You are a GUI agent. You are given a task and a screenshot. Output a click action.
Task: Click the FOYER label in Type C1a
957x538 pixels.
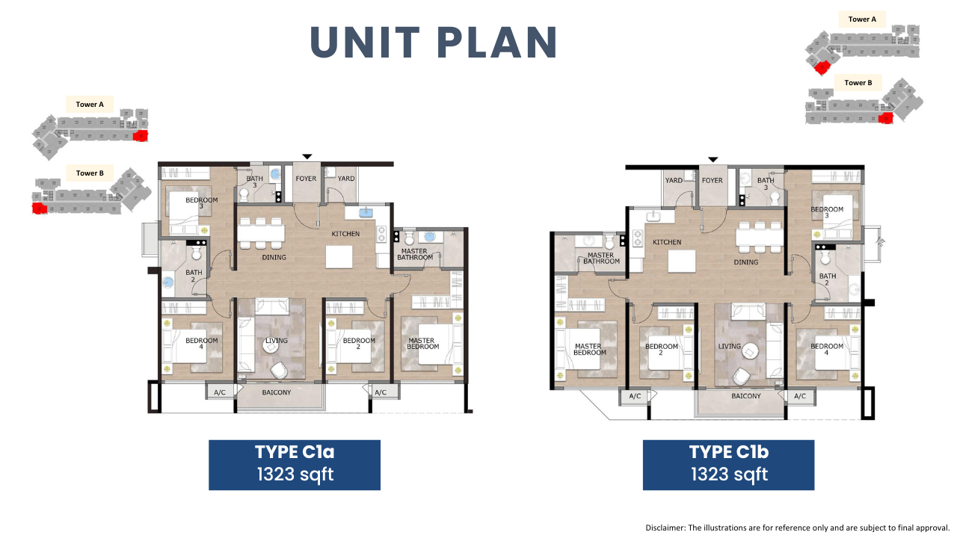click(x=306, y=179)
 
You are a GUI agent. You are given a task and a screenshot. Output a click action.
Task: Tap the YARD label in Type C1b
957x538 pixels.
click(x=674, y=180)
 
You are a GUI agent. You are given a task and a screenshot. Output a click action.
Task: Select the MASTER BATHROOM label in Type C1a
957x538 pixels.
click(x=415, y=255)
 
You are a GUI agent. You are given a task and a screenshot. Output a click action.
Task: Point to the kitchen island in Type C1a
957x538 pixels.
click(x=339, y=257)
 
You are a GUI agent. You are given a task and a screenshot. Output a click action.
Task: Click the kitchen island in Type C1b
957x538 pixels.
click(x=682, y=262)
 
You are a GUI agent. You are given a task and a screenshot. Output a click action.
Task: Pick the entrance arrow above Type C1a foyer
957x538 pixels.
click(x=307, y=157)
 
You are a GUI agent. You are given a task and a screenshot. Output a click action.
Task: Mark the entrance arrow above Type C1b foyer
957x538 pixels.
click(x=713, y=160)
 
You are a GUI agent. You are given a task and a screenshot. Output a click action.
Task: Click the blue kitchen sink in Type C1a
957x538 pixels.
click(x=366, y=211)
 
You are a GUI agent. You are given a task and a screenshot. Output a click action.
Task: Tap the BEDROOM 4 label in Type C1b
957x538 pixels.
click(x=827, y=349)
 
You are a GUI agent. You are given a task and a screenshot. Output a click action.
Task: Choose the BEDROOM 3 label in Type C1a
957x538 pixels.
click(x=202, y=202)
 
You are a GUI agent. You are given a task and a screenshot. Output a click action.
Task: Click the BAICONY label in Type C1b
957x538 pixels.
click(x=746, y=396)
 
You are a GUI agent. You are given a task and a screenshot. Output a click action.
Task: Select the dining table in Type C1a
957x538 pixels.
click(x=261, y=233)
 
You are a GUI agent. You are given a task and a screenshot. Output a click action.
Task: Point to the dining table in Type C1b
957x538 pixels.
click(x=759, y=237)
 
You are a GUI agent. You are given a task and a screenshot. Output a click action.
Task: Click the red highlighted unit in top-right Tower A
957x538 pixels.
click(x=822, y=67)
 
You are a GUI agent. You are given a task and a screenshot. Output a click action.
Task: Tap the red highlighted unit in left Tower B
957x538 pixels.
click(x=40, y=208)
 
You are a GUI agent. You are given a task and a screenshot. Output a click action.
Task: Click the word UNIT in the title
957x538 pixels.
click(x=366, y=42)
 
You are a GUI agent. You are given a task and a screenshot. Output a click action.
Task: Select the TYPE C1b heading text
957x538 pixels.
click(x=729, y=452)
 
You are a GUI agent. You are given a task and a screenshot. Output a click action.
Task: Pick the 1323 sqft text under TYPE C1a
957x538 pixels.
click(x=295, y=474)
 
